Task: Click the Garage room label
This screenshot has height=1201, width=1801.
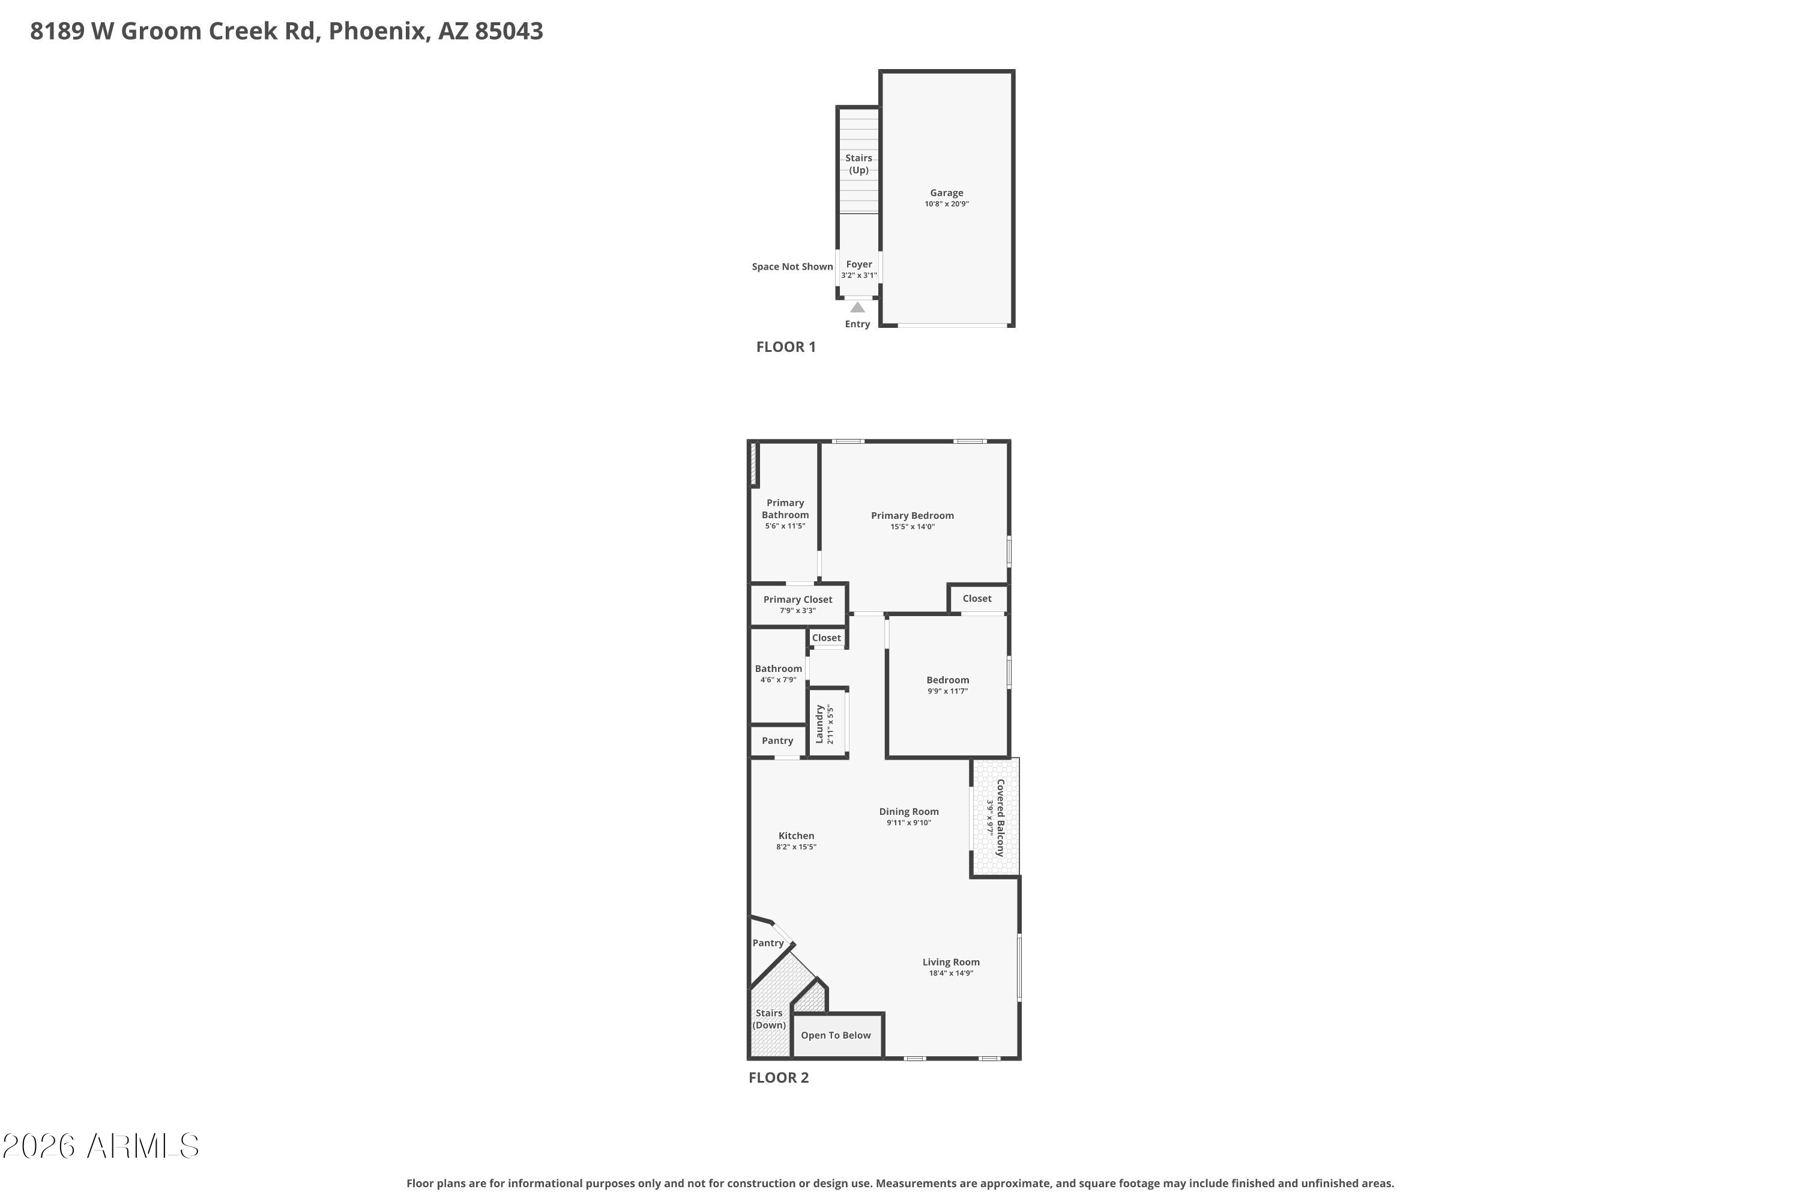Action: coord(947,193)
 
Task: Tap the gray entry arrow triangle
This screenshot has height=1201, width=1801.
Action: coord(858,307)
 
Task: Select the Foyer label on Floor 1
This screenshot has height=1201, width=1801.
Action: coord(859,264)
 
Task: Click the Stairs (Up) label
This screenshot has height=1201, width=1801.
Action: coord(859,164)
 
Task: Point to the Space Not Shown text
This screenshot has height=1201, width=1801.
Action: coord(792,267)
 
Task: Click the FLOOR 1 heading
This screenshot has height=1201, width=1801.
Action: coord(786,347)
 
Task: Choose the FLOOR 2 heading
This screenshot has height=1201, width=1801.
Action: coord(778,1078)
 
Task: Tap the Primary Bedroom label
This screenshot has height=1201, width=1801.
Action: coord(912,515)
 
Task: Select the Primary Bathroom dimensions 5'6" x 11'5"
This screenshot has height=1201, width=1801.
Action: coord(785,526)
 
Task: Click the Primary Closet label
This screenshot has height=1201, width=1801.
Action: coord(797,600)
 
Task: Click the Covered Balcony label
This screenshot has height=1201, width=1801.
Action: coord(1000,817)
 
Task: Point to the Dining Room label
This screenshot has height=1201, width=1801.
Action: coord(909,811)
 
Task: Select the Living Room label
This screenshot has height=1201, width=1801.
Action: coord(950,962)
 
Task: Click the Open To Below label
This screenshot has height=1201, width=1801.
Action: coord(836,1035)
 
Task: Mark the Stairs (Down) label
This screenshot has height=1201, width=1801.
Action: coord(769,1018)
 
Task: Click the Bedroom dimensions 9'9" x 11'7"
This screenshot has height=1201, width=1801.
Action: coord(947,691)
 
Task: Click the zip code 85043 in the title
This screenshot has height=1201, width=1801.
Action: coord(508,31)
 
